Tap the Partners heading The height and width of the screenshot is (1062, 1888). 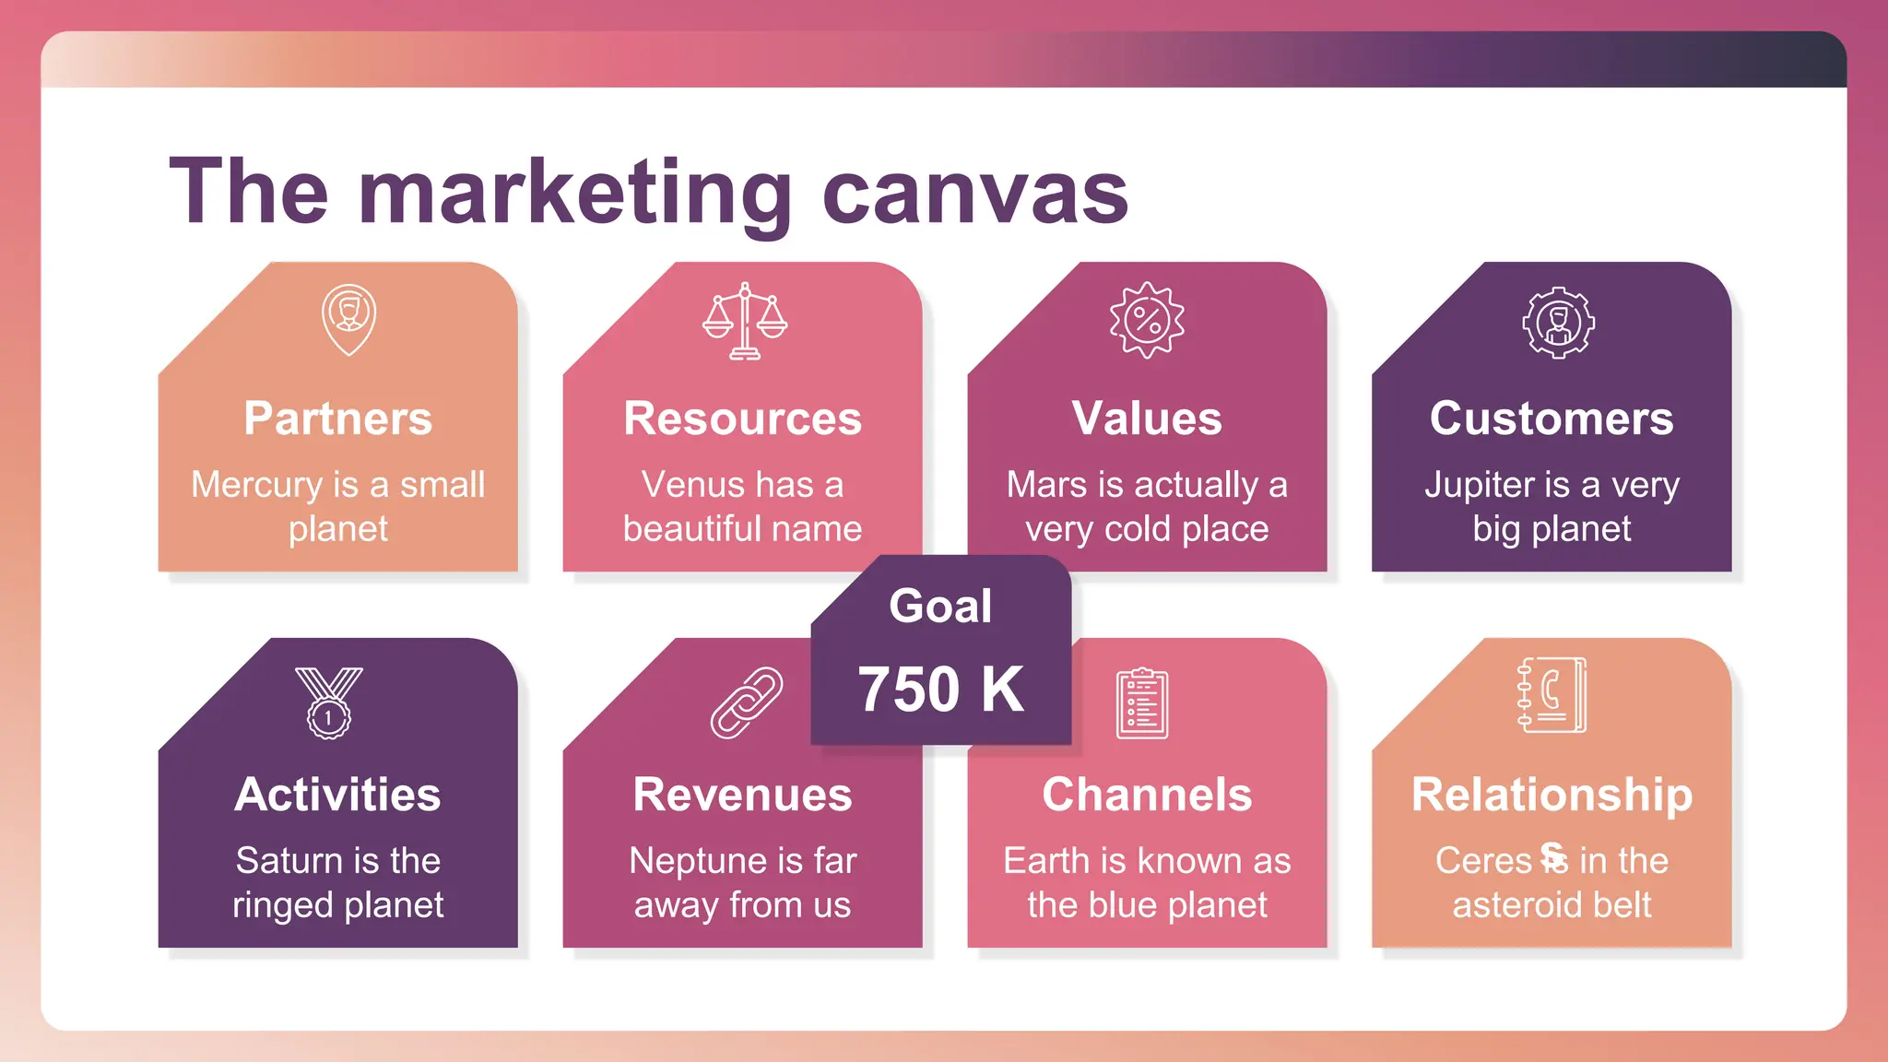pos(338,419)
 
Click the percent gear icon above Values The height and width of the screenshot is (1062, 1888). pos(1147,320)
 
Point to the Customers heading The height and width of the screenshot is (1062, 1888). pos(1552,419)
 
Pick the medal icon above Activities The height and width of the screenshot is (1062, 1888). pos(329,702)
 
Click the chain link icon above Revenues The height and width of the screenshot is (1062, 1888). pos(746,702)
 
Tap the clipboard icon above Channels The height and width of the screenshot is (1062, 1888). pos(1142,703)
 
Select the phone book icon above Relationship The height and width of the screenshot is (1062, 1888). pos(1552,695)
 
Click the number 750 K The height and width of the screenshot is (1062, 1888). pos(940,689)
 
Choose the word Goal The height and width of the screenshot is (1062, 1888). pos(940,606)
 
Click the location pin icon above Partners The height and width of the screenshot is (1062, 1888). pos(348,319)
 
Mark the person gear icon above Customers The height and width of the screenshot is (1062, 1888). pos(1558,323)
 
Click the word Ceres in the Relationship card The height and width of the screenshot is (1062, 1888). pos(1482,861)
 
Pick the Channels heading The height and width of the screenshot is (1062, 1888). pos(1147,795)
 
